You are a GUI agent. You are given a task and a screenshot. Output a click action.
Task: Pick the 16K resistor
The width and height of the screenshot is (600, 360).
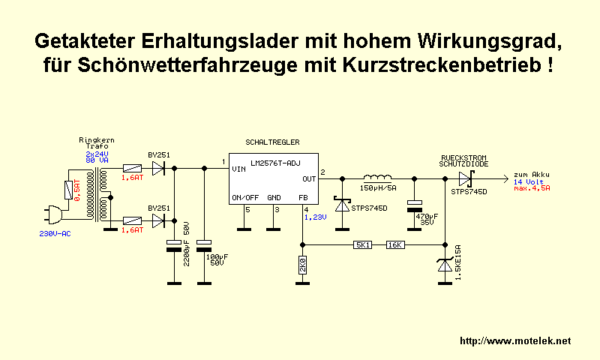pos(395,244)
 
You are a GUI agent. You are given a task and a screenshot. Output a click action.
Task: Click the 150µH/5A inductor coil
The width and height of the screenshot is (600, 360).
pos(378,178)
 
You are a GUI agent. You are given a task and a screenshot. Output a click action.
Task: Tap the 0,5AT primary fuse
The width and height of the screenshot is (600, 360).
pos(71,191)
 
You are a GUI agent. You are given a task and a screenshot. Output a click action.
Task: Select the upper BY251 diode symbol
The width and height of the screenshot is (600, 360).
pos(158,169)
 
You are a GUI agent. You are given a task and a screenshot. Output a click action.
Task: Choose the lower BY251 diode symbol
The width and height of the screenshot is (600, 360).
pos(158,220)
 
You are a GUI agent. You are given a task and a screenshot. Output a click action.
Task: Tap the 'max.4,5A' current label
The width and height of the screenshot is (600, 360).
pos(532,189)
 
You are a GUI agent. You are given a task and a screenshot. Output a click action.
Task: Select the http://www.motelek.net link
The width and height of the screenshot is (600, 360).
pos(514,341)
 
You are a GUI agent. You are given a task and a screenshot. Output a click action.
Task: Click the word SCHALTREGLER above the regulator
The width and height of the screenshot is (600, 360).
pos(271,142)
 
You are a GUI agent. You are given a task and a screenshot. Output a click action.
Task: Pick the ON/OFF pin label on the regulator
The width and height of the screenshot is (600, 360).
pos(245,197)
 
